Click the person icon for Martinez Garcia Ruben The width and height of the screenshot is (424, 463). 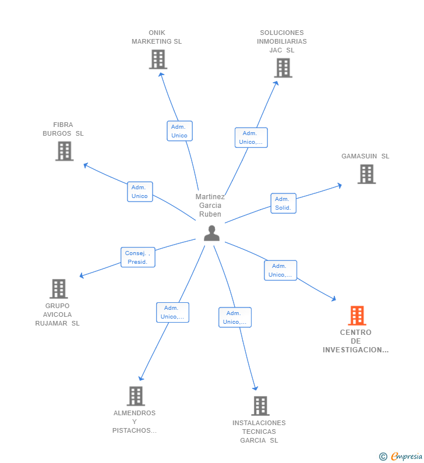[x=211, y=233]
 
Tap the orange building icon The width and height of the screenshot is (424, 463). [x=357, y=316]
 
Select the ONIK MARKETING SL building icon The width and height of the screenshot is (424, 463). [x=158, y=59]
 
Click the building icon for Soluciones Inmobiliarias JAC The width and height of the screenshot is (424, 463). [x=283, y=68]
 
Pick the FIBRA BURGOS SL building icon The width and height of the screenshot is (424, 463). [x=64, y=151]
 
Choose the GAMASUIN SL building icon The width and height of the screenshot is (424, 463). [x=366, y=174]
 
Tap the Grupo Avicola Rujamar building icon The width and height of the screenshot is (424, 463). [x=58, y=289]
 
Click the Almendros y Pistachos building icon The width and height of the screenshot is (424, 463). [x=135, y=396]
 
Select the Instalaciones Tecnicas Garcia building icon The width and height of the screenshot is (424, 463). [x=260, y=406]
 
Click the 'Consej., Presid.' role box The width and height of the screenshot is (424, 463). [x=138, y=257]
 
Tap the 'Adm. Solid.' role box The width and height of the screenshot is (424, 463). [x=283, y=203]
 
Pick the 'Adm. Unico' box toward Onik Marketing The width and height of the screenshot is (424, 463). [x=179, y=131]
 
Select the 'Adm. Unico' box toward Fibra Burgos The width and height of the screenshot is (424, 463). [x=140, y=192]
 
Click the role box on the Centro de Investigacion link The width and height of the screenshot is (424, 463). [x=280, y=270]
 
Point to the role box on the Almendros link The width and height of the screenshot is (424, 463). [x=172, y=312]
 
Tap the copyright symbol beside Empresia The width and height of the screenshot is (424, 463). [x=383, y=457]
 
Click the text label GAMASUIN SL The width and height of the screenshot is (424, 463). [x=365, y=156]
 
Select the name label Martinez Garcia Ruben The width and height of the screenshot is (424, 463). [x=210, y=205]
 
